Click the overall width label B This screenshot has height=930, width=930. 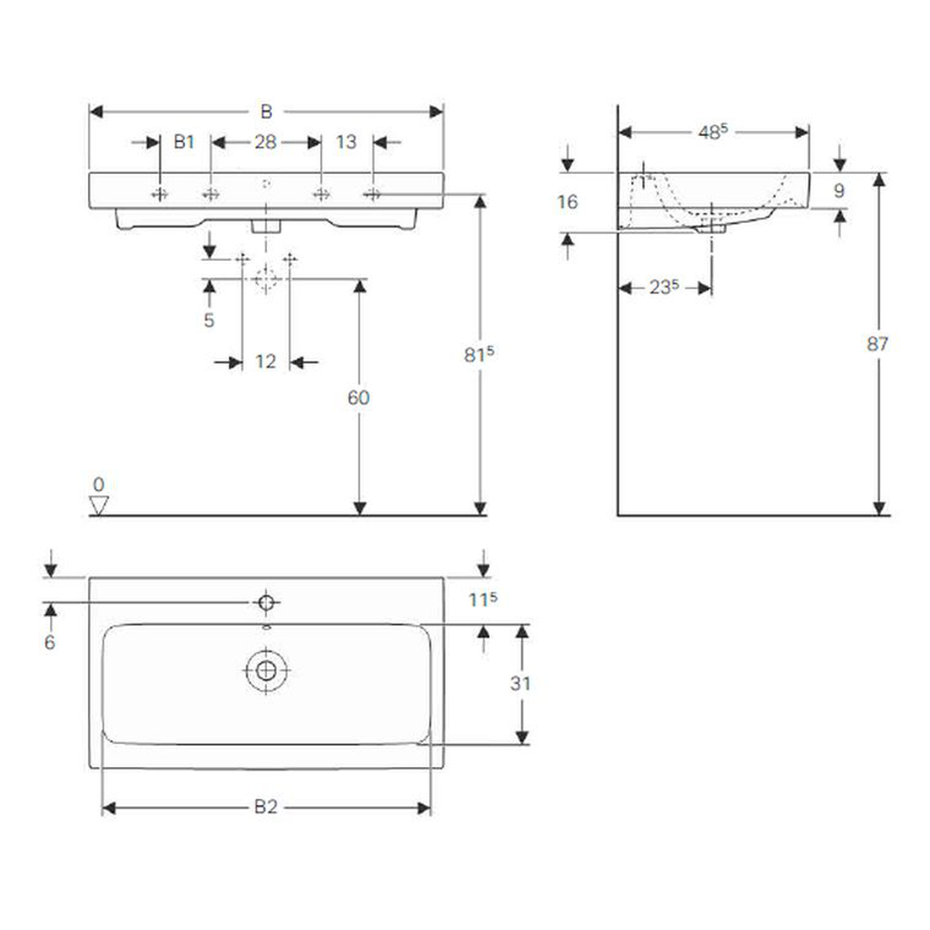pyautogui.click(x=267, y=111)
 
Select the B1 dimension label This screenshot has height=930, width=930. pyautogui.click(x=184, y=142)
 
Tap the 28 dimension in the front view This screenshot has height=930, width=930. pyautogui.click(x=265, y=142)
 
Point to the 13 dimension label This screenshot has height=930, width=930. pyautogui.click(x=346, y=142)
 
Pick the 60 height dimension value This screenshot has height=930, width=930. pyautogui.click(x=358, y=397)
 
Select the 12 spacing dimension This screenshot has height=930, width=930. pyautogui.click(x=265, y=362)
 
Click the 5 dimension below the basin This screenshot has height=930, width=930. pyautogui.click(x=209, y=320)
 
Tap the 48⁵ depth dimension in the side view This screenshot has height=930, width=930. pyautogui.click(x=713, y=132)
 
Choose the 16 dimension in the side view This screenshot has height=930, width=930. pyautogui.click(x=567, y=202)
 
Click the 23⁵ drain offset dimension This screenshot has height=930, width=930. pyautogui.click(x=661, y=288)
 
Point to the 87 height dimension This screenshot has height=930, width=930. pyautogui.click(x=878, y=344)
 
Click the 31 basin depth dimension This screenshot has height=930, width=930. pyautogui.click(x=520, y=684)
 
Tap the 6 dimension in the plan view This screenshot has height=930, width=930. pyautogui.click(x=50, y=642)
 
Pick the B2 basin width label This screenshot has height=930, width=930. pyautogui.click(x=266, y=807)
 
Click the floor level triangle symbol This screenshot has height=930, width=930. pyautogui.click(x=100, y=505)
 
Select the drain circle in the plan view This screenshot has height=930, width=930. pyautogui.click(x=266, y=670)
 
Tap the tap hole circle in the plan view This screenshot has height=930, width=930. pyautogui.click(x=266, y=601)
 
